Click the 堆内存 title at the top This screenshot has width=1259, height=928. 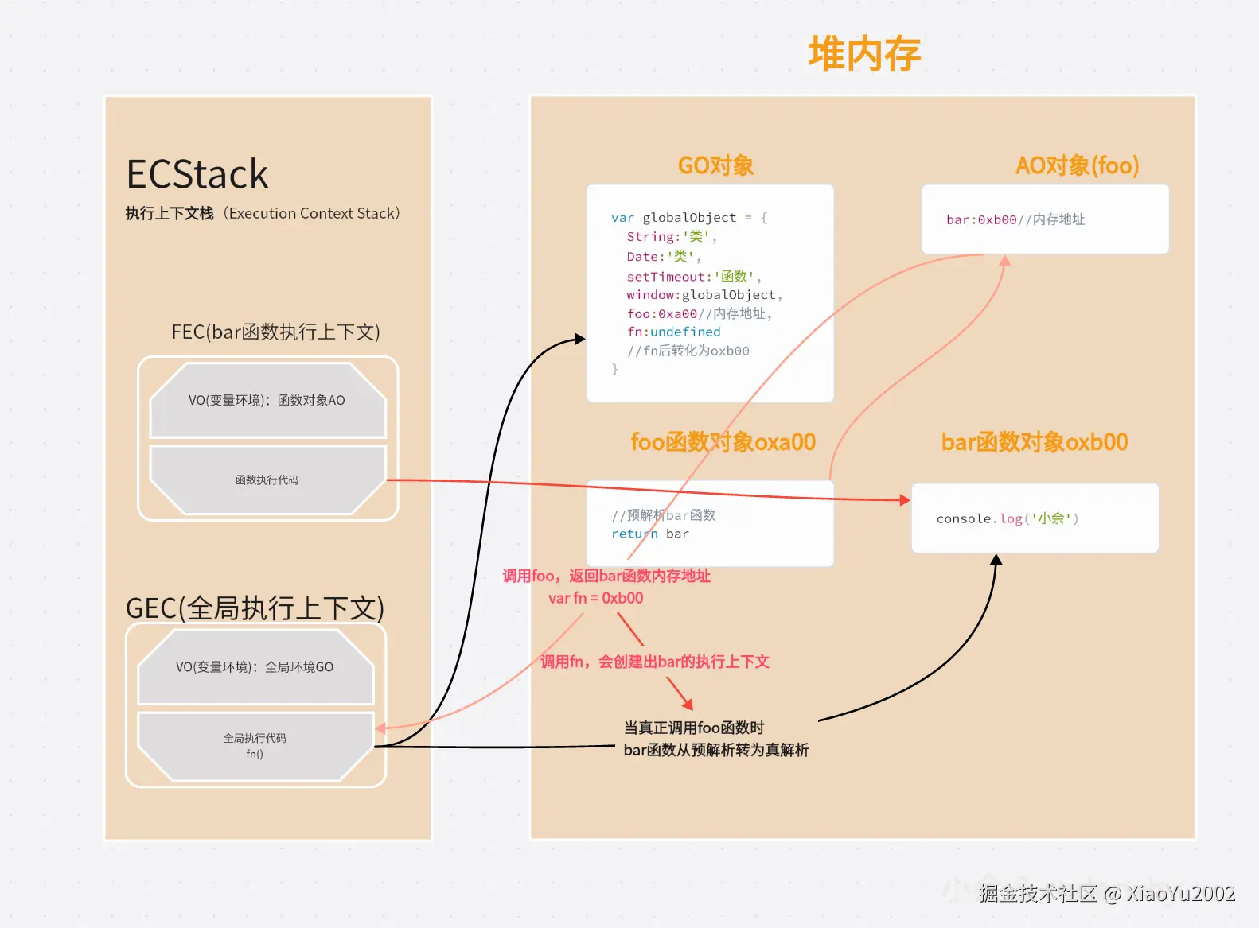pos(864,53)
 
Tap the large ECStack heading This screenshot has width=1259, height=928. pos(197,174)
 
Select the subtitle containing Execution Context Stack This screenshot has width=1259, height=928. pos(263,213)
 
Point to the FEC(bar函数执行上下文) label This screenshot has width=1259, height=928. pos(276,332)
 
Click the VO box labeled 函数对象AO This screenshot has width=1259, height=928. pos(267,400)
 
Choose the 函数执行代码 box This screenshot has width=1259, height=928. pos(267,480)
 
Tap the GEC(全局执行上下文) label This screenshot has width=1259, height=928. pos(255,608)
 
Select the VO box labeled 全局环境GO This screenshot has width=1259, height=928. pos(255,667)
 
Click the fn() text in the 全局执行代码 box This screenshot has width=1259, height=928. pos(255,754)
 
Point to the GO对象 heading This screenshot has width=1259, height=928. pos(715,165)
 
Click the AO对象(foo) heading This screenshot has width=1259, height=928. pos(1077,165)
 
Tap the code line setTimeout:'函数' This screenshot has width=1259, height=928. pos(694,277)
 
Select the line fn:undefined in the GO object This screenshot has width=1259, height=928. pos(674,332)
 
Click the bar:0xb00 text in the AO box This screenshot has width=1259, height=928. pos(981,219)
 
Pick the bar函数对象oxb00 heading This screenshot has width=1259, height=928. pos(1035,443)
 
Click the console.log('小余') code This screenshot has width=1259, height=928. pos(1008,518)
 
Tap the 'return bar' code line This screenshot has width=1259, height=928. pos(649,534)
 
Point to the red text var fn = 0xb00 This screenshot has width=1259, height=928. pos(596,598)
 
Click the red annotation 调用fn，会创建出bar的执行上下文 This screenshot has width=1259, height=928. pos(655,662)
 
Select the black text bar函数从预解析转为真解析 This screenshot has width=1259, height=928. pos(716,751)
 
